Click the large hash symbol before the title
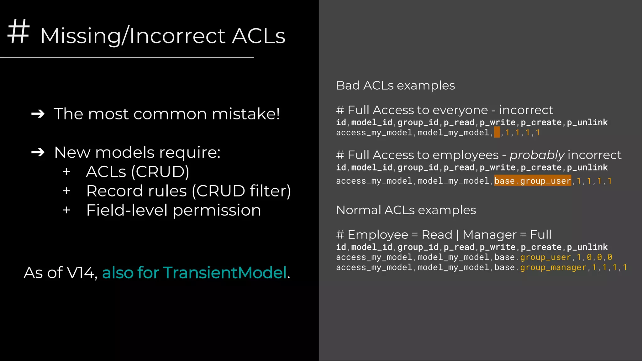click(18, 31)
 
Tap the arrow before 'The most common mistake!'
click(38, 114)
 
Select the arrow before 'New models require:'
click(38, 153)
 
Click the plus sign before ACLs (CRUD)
click(66, 172)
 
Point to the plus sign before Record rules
click(66, 191)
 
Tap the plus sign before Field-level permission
click(66, 210)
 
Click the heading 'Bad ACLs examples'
click(395, 86)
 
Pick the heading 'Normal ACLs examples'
click(406, 210)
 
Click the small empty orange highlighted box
click(497, 132)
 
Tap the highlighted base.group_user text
click(533, 181)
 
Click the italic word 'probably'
click(537, 155)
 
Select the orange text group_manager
click(553, 267)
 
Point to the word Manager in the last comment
click(489, 235)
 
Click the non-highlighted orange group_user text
click(545, 257)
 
